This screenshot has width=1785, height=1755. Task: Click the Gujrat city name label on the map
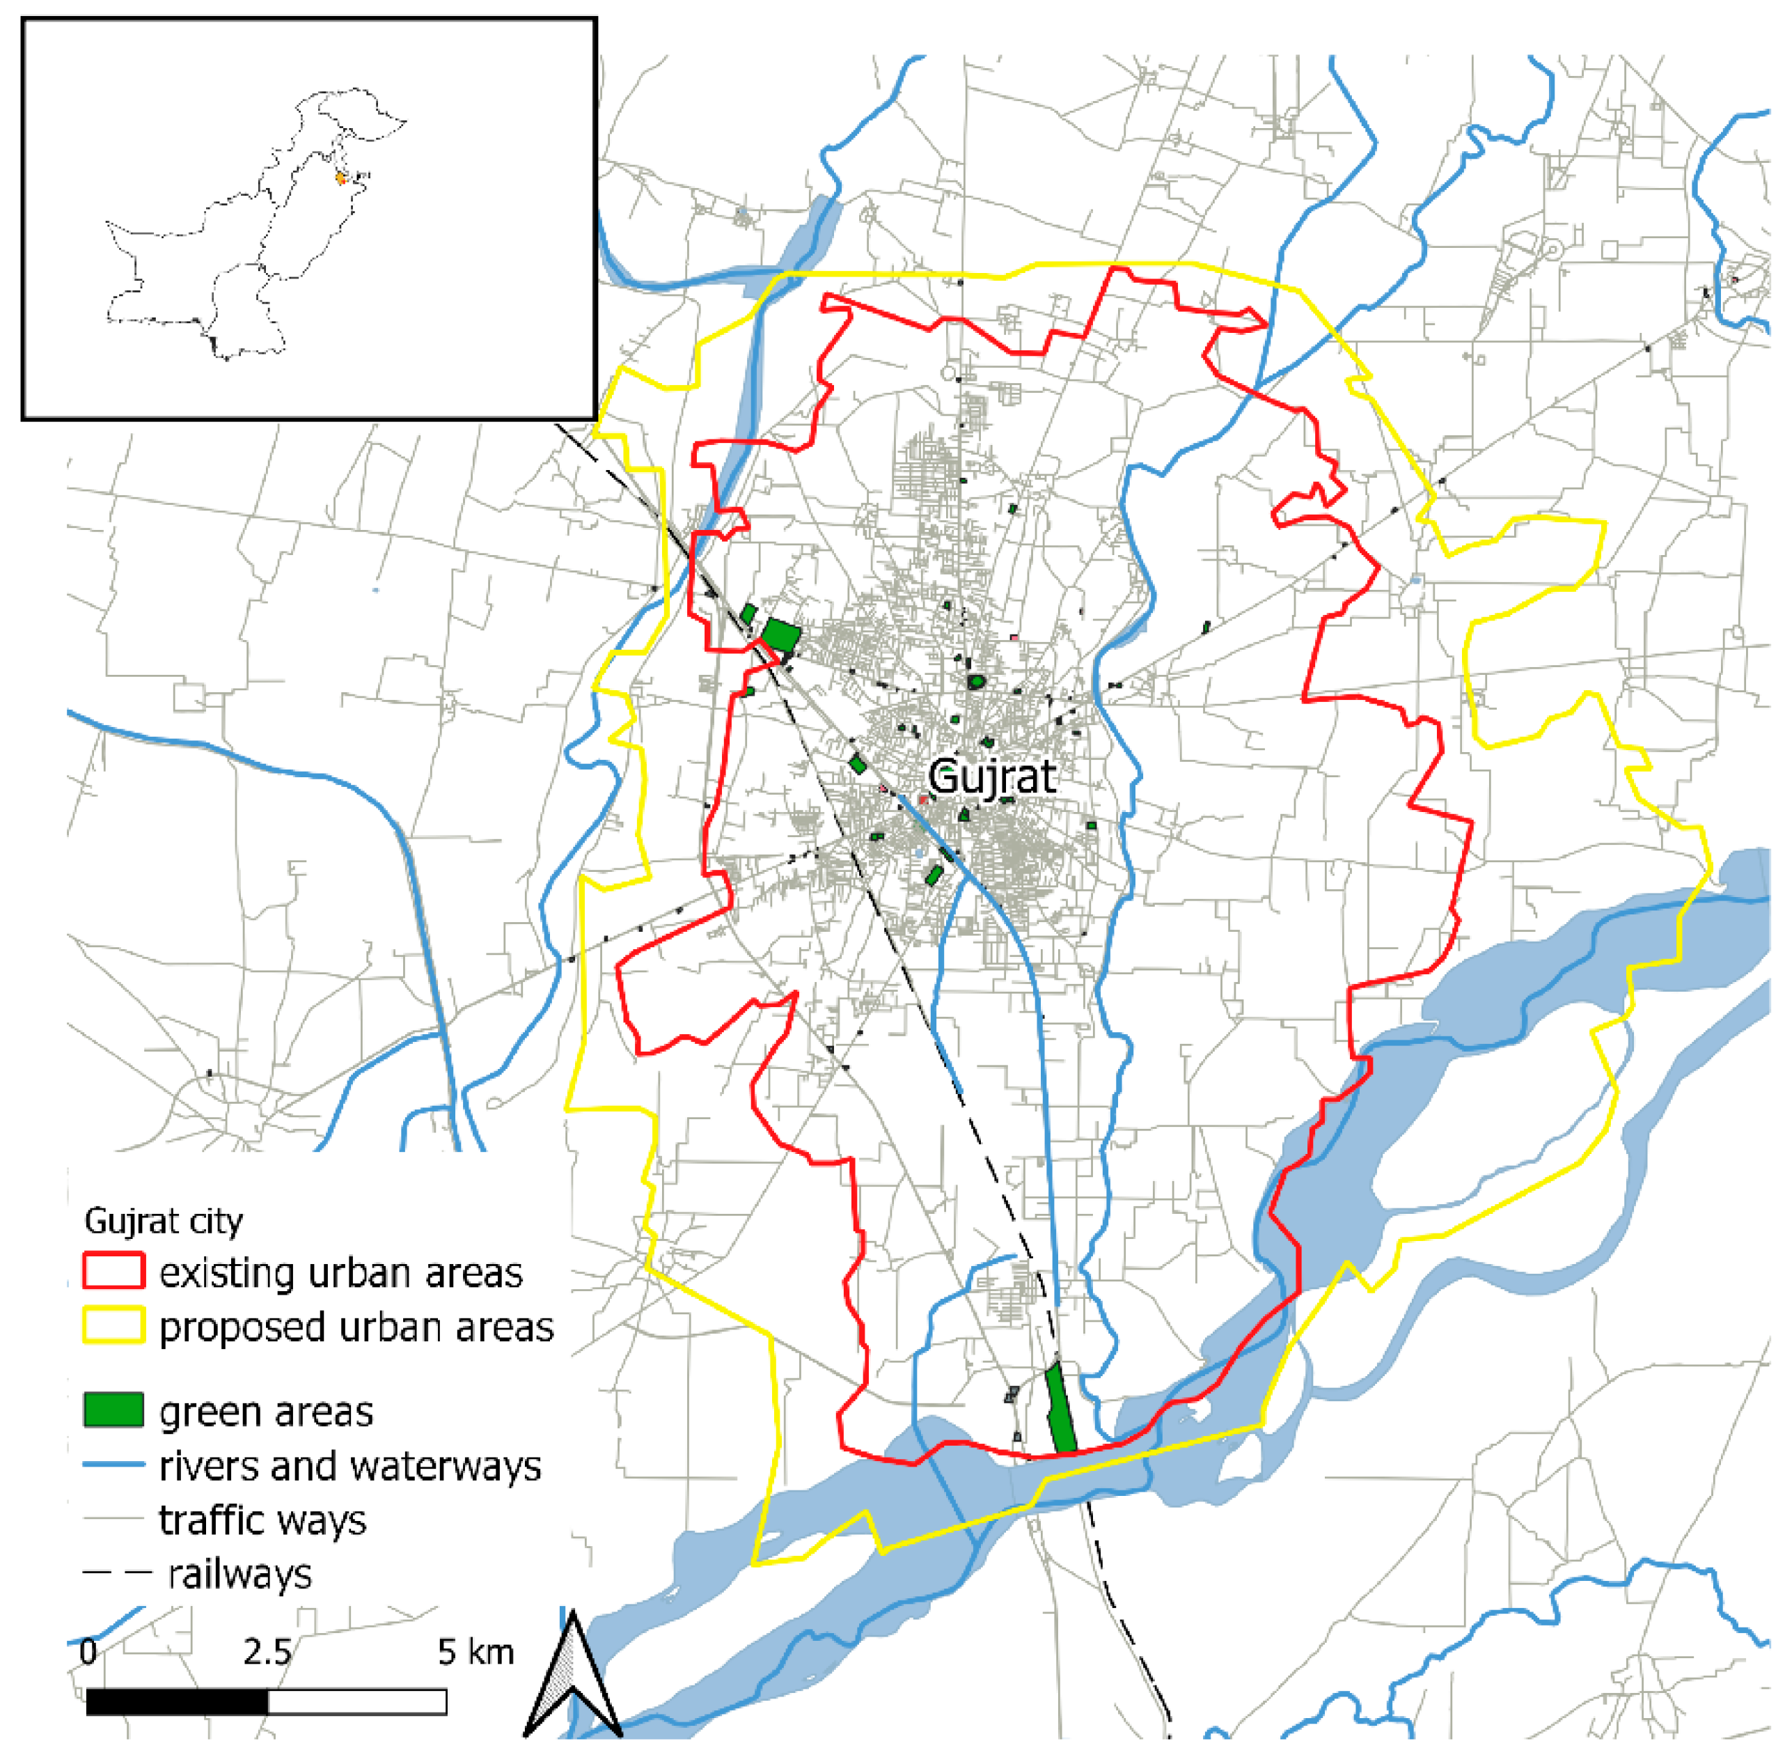pos(991,777)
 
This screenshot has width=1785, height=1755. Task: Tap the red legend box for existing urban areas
pos(113,1270)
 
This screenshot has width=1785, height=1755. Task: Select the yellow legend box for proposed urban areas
pos(113,1325)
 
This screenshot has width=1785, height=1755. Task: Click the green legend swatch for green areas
pos(113,1410)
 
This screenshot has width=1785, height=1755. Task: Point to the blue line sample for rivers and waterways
pos(113,1465)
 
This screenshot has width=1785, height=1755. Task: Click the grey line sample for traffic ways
pos(113,1518)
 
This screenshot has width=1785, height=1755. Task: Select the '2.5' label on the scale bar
pos(267,1651)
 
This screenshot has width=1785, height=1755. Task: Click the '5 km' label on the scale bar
pos(475,1651)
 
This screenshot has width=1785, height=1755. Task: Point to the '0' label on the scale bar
pos(88,1651)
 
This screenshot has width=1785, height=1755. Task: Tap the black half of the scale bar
pos(177,1701)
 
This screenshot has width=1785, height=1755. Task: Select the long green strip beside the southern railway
pos(1062,1408)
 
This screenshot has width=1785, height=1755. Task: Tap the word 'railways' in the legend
pos(239,1573)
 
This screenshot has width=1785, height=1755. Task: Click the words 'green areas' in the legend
pos(265,1411)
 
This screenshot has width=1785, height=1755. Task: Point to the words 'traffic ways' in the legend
pos(262,1519)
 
